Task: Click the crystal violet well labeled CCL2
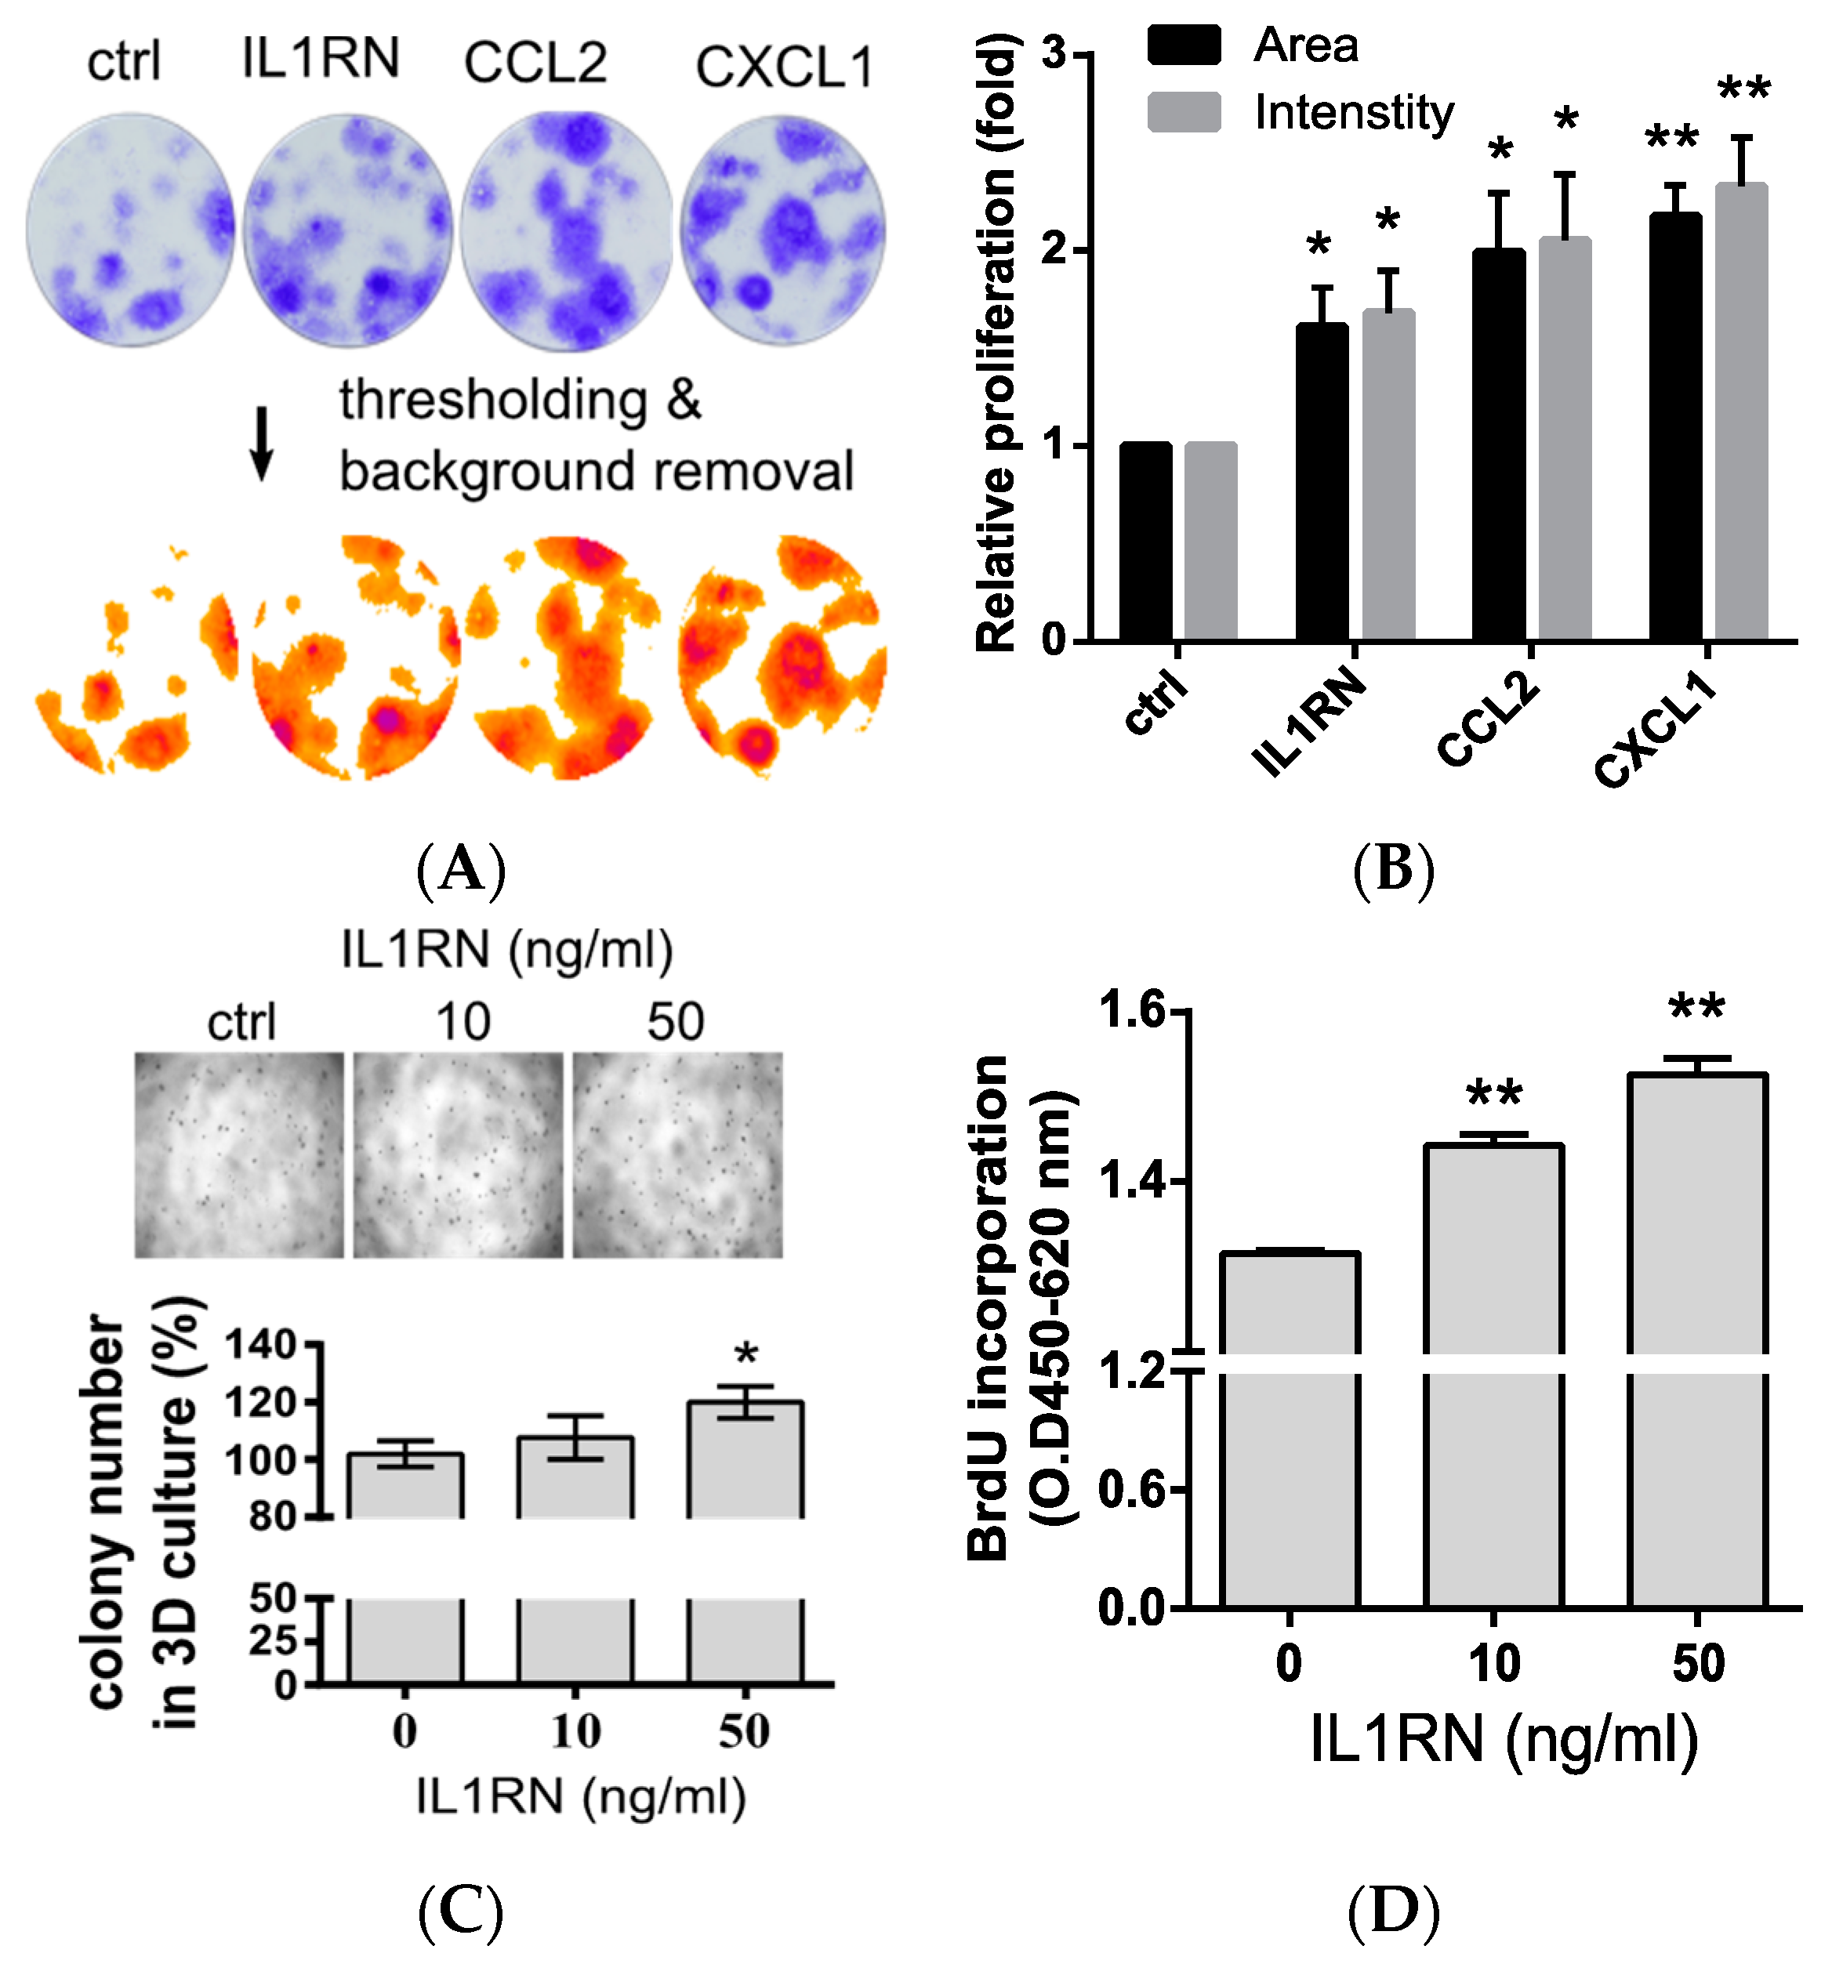click(566, 230)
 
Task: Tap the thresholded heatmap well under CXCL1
click(782, 656)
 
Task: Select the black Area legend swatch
click(1184, 45)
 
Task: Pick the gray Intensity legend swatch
click(1184, 111)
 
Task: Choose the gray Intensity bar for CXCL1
click(1741, 415)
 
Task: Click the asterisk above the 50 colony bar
click(746, 1354)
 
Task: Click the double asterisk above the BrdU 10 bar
click(1493, 1093)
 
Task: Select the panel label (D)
click(1393, 1911)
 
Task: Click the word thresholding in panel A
click(493, 401)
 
